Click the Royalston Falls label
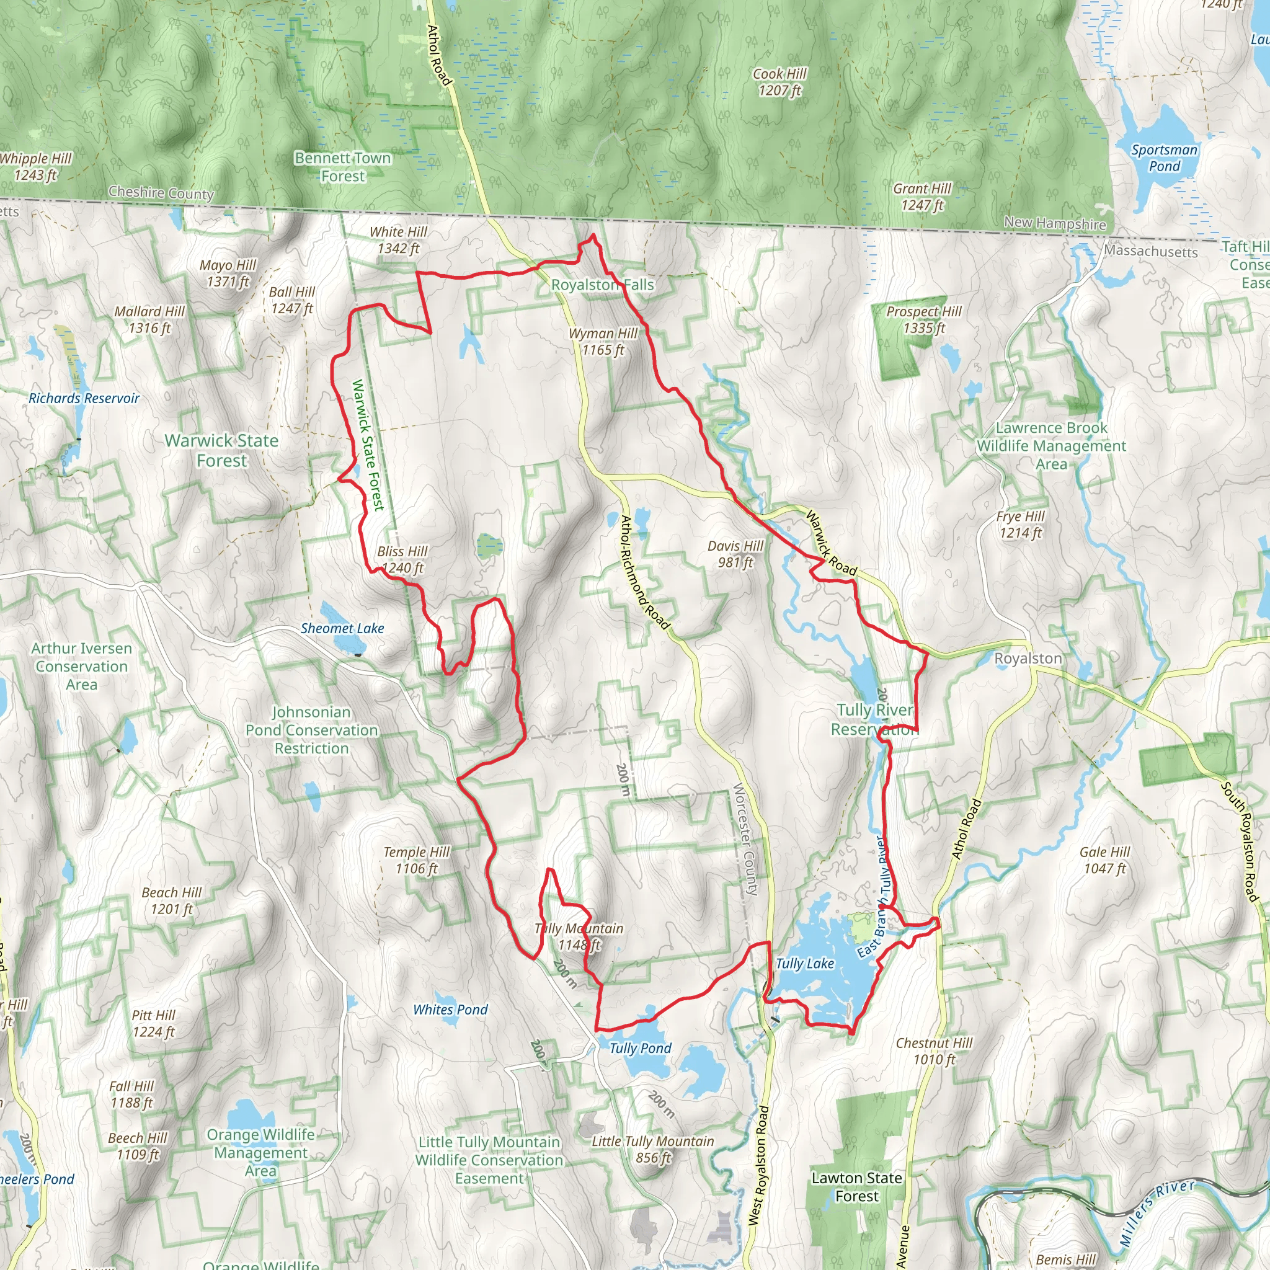click(x=602, y=285)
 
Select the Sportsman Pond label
click(x=1163, y=158)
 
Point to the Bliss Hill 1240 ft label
click(x=402, y=559)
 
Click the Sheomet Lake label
click(x=342, y=628)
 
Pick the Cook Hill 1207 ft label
click(x=779, y=82)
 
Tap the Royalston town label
click(x=1028, y=659)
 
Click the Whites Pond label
click(x=450, y=1010)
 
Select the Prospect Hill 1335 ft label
click(x=923, y=319)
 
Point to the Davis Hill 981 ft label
click(x=735, y=554)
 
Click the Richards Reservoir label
click(x=84, y=398)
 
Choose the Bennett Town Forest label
click(x=342, y=167)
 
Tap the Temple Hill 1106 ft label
click(x=416, y=860)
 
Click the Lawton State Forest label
click(x=856, y=1186)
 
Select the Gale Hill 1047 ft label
click(x=1104, y=860)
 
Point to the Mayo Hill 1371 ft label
click(x=228, y=273)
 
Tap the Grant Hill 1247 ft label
click(x=921, y=197)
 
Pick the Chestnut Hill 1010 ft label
click(x=933, y=1050)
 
